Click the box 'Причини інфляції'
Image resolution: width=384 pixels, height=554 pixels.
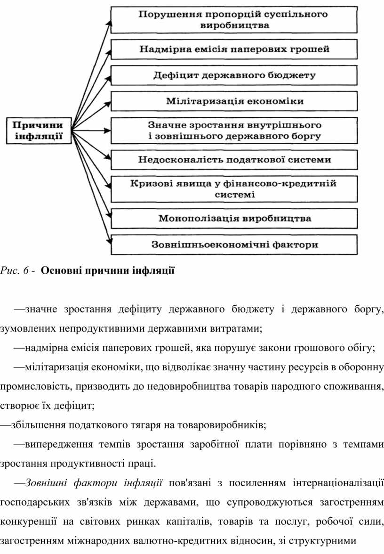click(x=39, y=131)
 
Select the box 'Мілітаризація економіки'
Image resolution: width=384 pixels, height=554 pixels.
click(x=234, y=101)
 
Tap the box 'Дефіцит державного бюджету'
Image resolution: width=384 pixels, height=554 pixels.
click(x=234, y=75)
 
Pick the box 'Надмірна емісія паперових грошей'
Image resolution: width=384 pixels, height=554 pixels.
click(x=234, y=49)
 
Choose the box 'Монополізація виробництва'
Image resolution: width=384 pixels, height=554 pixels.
click(x=234, y=219)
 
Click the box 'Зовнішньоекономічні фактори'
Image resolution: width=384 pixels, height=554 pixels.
click(x=234, y=244)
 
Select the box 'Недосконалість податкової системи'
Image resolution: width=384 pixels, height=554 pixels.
click(x=234, y=160)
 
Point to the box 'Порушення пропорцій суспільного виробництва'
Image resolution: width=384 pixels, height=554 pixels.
click(x=234, y=20)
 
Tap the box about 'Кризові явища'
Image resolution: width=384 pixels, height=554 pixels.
click(x=234, y=189)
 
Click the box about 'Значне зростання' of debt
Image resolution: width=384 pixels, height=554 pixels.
click(x=234, y=131)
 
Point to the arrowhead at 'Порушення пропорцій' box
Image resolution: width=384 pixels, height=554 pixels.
click(x=110, y=24)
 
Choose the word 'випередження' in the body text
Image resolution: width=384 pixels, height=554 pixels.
click(x=58, y=444)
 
